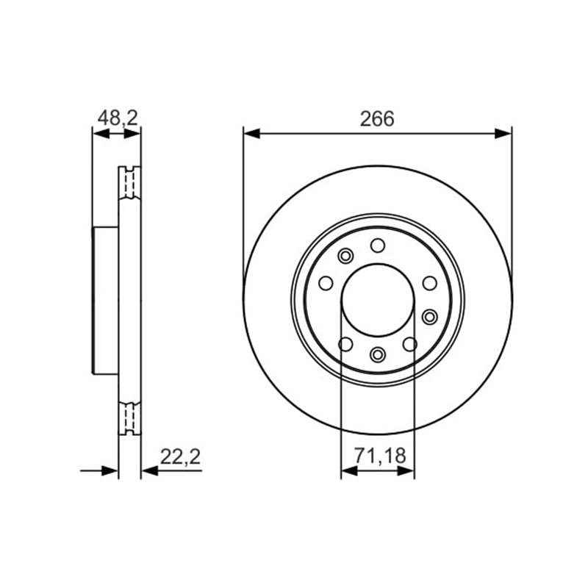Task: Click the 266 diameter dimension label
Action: pyautogui.click(x=377, y=119)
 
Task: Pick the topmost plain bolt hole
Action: pyautogui.click(x=378, y=245)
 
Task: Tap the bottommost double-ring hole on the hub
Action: pyautogui.click(x=378, y=355)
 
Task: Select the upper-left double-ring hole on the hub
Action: pyautogui.click(x=345, y=256)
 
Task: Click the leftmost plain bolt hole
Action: pyautogui.click(x=326, y=283)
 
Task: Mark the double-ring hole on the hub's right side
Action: pyautogui.click(x=430, y=316)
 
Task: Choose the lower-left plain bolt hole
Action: pyautogui.click(x=345, y=343)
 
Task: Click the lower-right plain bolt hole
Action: pyautogui.click(x=410, y=343)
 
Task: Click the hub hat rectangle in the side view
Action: pyautogui.click(x=105, y=301)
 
